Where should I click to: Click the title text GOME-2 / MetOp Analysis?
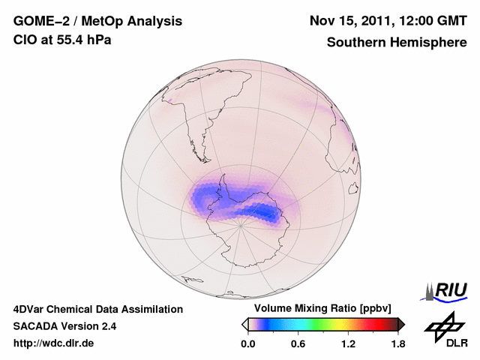point(97,22)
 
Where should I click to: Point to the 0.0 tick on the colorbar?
point(248,344)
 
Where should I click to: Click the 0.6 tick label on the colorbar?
point(298,344)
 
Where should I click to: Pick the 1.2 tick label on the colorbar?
point(348,344)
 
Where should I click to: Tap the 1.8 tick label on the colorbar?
point(397,344)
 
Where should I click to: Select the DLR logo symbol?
point(442,325)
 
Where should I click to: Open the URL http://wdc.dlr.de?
point(54,344)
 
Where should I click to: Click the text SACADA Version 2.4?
point(64,326)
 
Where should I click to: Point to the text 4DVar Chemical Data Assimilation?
point(98,309)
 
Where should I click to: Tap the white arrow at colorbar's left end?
point(244,324)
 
